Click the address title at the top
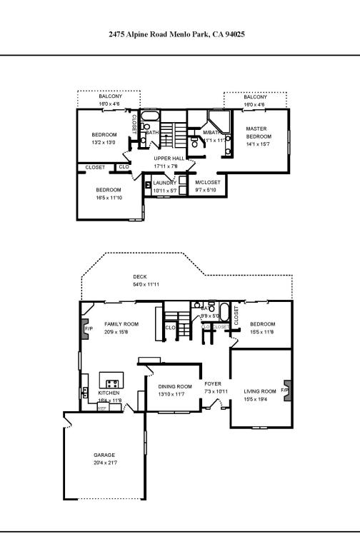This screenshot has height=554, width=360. (x=177, y=34)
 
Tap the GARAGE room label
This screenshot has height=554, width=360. (x=104, y=455)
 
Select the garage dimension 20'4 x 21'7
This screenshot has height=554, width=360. (x=104, y=463)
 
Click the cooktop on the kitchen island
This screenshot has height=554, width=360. (x=112, y=383)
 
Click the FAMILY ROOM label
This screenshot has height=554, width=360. (x=121, y=323)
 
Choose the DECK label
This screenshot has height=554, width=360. (x=139, y=277)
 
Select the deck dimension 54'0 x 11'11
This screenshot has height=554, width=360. (x=145, y=285)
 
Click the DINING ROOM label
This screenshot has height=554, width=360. (x=175, y=386)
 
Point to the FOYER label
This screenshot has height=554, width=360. (x=213, y=383)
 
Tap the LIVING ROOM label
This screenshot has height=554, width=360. (x=259, y=391)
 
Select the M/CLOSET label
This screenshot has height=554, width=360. (x=208, y=182)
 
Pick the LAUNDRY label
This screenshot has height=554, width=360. (x=165, y=183)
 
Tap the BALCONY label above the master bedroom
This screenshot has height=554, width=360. (x=254, y=96)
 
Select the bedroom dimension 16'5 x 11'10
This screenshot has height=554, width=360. (x=109, y=197)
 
